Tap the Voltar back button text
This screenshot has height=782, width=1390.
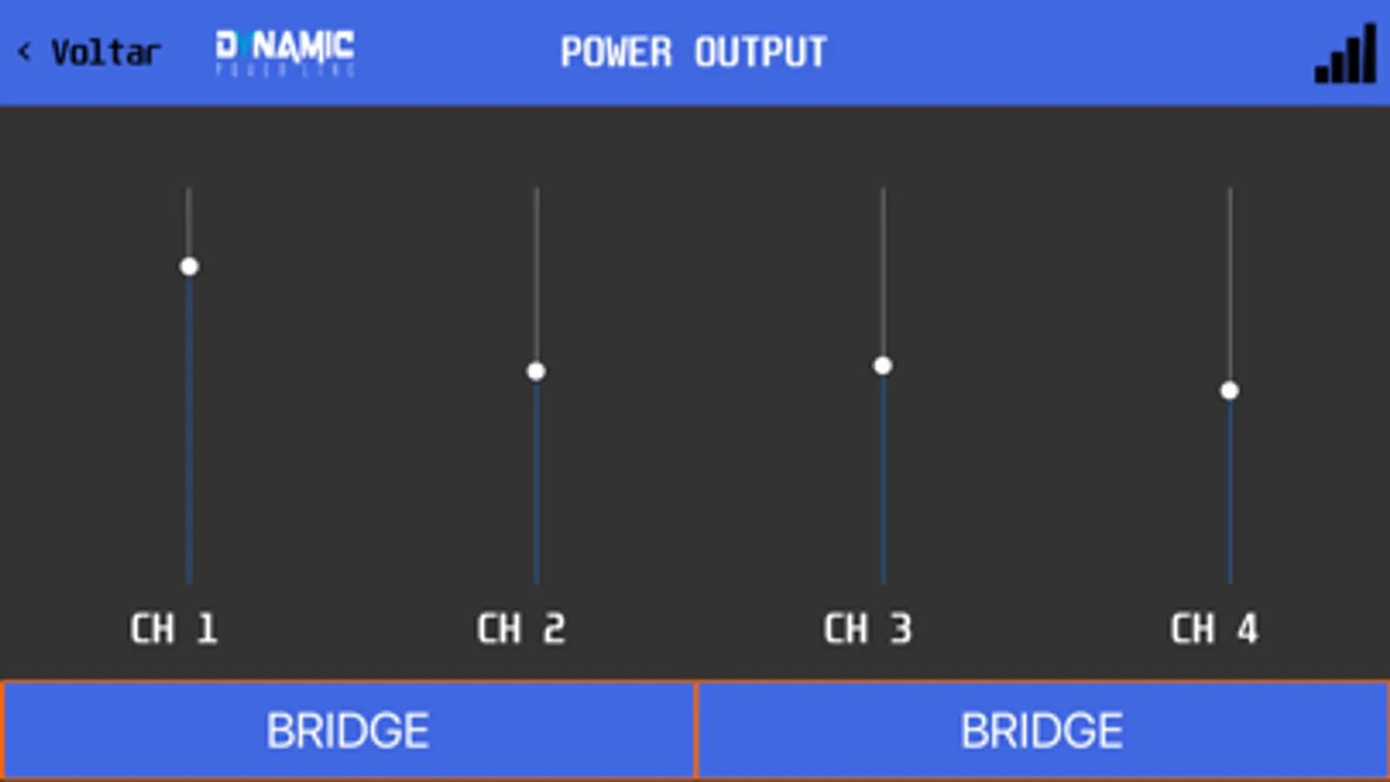click(105, 53)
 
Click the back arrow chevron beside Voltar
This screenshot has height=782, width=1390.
click(24, 52)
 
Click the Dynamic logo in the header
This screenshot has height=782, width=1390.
click(285, 51)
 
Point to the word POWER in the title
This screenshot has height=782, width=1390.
click(616, 52)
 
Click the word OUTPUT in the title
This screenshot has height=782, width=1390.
click(760, 52)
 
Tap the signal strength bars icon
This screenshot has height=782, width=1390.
click(1346, 54)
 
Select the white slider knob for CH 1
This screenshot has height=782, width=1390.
click(190, 267)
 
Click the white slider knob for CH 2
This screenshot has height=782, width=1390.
click(536, 372)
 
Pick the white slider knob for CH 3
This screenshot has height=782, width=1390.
click(882, 366)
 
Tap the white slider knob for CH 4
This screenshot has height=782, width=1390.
click(1229, 391)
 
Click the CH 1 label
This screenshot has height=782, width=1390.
click(173, 628)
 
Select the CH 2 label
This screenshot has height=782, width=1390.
click(521, 628)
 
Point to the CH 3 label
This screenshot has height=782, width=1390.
click(868, 628)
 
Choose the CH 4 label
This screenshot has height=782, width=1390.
click(1214, 628)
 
